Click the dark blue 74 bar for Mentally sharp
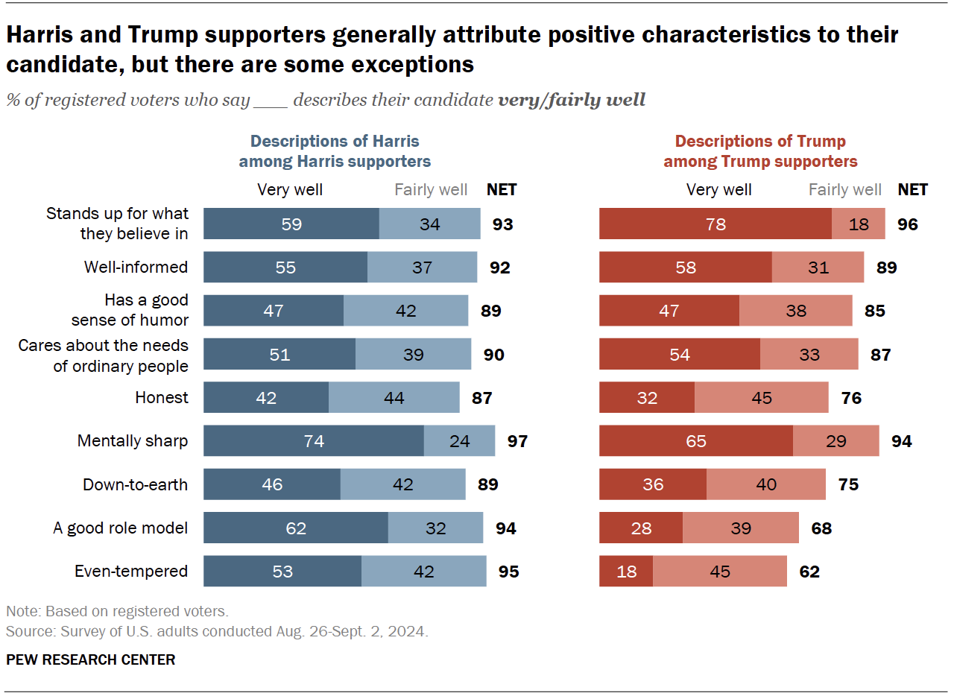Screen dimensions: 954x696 [314, 440]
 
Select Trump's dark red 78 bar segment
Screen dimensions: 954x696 [715, 224]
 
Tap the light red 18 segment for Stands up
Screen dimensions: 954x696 [858, 224]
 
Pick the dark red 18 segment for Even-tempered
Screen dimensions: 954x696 [626, 572]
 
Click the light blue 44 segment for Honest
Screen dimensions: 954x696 [394, 397]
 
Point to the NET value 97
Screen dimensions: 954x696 [517, 441]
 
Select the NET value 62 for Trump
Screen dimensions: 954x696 [809, 572]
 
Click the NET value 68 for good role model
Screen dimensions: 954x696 [821, 528]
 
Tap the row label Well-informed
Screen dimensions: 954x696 [136, 267]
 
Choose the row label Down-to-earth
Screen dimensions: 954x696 [135, 484]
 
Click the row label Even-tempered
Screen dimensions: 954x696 [131, 572]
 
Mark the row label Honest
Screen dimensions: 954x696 [162, 397]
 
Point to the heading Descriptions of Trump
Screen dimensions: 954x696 [760, 141]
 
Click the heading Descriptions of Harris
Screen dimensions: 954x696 [335, 141]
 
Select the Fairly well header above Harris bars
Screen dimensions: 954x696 [431, 189]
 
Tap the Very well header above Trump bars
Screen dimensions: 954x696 [719, 189]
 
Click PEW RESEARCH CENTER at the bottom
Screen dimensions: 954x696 [91, 659]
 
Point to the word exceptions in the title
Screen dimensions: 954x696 [412, 65]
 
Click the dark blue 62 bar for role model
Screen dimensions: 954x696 [296, 528]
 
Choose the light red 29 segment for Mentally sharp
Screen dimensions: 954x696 [835, 440]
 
